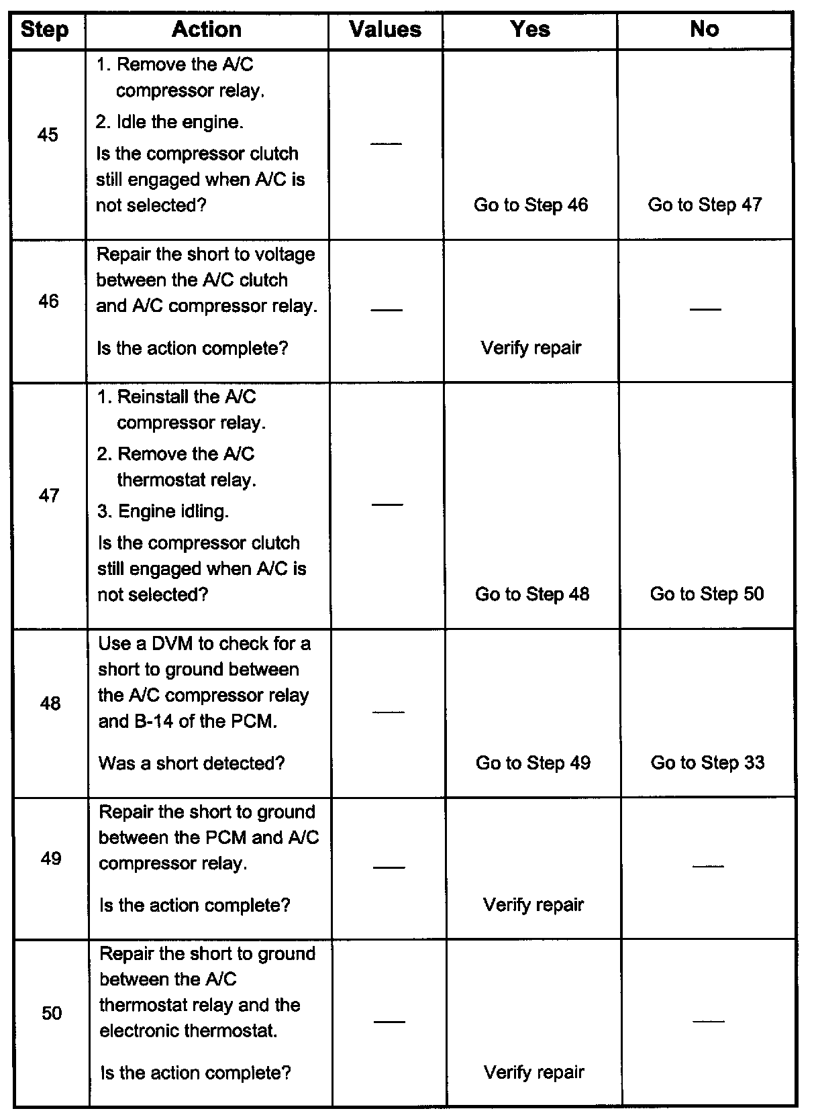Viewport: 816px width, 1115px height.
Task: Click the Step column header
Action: coord(44,30)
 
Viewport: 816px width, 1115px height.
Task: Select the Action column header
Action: coord(207,29)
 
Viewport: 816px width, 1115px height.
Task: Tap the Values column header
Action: coord(385,30)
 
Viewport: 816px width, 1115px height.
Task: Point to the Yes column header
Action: coord(530,29)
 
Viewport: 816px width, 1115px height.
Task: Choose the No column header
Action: coord(704,29)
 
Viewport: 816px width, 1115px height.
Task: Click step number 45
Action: coord(48,135)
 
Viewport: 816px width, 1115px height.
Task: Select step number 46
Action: coord(48,301)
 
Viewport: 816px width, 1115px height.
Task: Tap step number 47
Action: coord(49,496)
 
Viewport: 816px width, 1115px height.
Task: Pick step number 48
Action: coord(50,703)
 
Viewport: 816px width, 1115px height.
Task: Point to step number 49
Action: coord(51,859)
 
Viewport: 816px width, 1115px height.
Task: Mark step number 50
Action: coord(52,1013)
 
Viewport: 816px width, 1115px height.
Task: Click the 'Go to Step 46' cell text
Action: coord(531,205)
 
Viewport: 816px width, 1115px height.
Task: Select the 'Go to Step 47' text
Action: coord(705,205)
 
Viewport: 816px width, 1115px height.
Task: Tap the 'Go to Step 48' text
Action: coord(532,594)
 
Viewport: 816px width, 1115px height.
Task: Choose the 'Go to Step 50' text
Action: coord(707,594)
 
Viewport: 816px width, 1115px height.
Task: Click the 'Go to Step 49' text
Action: coord(533,763)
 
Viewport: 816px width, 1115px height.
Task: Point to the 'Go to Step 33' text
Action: coord(707,763)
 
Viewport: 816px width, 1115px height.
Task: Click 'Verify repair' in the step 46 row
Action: coord(531,348)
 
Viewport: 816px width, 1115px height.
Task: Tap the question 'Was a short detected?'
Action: coord(192,763)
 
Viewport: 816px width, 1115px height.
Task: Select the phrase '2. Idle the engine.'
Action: coord(170,122)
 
